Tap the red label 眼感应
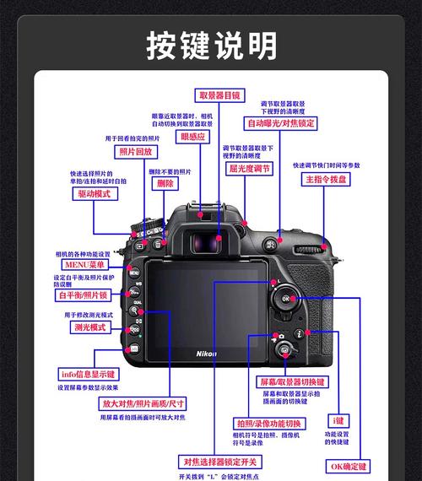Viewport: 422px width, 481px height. tap(193, 136)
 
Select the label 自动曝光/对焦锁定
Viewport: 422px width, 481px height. tap(281, 123)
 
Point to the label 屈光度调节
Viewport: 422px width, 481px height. tap(250, 169)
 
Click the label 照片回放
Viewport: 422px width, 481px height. tap(136, 152)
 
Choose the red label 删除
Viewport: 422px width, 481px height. tap(165, 183)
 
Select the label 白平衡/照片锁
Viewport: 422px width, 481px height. tap(82, 295)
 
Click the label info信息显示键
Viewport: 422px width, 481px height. tap(88, 374)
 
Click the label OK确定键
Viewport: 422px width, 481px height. tap(349, 466)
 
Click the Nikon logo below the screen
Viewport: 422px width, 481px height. tap(206, 354)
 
